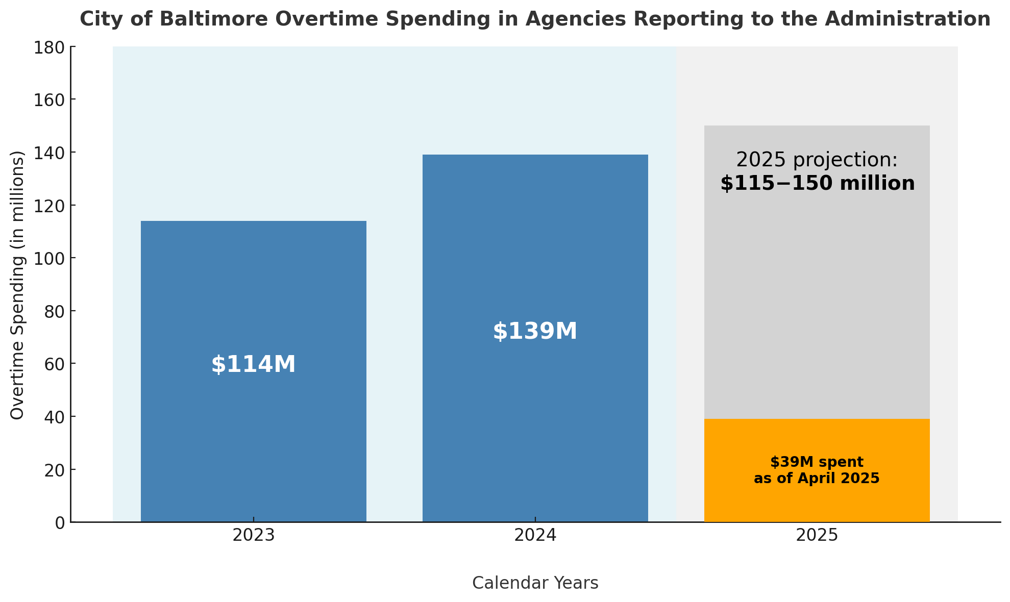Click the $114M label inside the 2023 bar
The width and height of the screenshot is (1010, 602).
pyautogui.click(x=253, y=365)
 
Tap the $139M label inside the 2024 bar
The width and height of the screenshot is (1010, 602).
pyautogui.click(x=535, y=332)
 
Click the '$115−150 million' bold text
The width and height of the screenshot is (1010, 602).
pyautogui.click(x=817, y=184)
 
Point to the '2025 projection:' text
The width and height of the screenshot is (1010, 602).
pyautogui.click(x=817, y=160)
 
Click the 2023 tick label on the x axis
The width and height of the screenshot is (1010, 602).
pyautogui.click(x=253, y=536)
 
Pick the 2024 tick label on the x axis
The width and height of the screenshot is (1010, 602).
pyautogui.click(x=535, y=536)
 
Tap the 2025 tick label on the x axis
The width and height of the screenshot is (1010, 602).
pyautogui.click(x=817, y=536)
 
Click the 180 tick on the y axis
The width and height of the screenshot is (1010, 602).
pyautogui.click(x=49, y=47)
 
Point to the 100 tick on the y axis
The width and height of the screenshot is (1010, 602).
pyautogui.click(x=49, y=258)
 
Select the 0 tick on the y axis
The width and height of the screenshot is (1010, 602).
pyautogui.click(x=60, y=522)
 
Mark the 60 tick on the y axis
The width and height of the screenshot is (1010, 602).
pyautogui.click(x=54, y=364)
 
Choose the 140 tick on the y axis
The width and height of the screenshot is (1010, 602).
pyautogui.click(x=49, y=153)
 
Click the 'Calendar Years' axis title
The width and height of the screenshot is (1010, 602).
pyautogui.click(x=535, y=583)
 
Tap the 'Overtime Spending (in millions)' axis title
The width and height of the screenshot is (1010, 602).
pyautogui.click(x=17, y=285)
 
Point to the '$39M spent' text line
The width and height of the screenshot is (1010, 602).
pyautogui.click(x=817, y=462)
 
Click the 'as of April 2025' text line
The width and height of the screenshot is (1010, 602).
pyautogui.click(x=817, y=479)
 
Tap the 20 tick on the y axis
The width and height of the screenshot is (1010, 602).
pyautogui.click(x=54, y=470)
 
